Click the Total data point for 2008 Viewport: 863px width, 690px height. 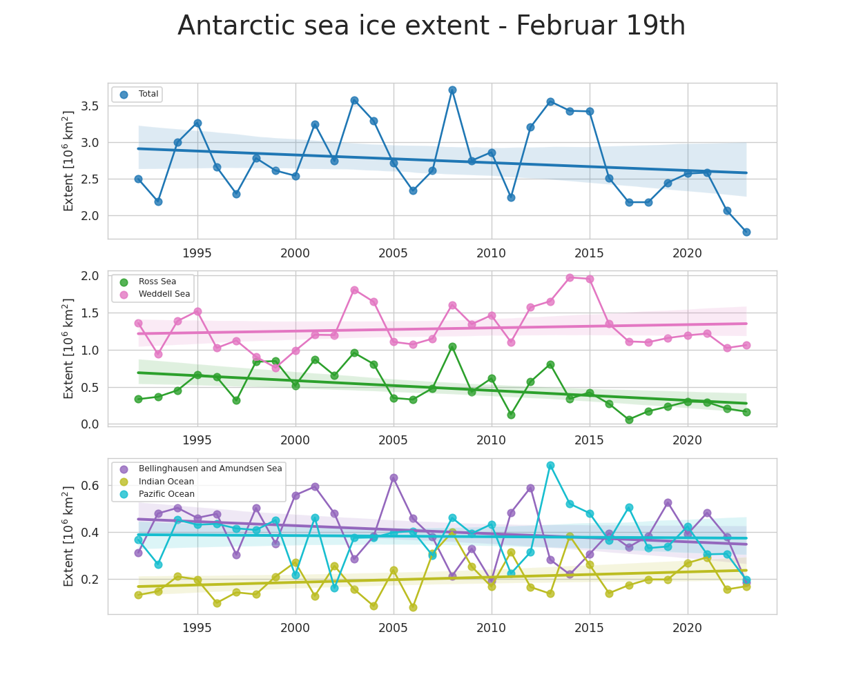452,90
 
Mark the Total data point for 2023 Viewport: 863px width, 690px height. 746,232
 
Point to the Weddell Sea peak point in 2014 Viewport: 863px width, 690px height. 570,277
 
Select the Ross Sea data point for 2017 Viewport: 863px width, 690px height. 629,420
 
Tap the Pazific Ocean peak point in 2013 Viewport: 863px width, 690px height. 550,465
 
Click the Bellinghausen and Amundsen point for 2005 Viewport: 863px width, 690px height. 394,477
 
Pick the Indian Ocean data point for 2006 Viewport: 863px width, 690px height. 413,607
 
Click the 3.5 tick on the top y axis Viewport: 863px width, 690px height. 90,106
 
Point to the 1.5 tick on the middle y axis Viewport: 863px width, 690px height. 90,313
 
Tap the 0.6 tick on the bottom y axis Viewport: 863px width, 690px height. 90,486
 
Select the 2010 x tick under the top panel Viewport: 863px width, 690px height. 491,253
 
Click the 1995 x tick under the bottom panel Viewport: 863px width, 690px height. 197,628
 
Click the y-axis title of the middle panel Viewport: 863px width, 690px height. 68,348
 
